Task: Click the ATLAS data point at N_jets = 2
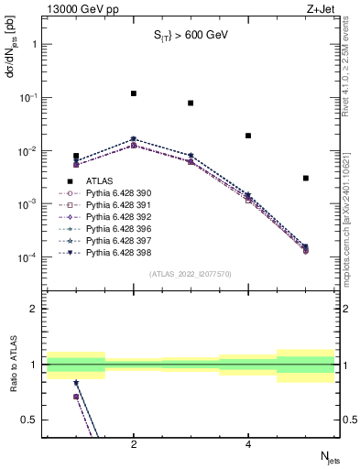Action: (x=134, y=93)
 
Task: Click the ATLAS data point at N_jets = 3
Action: (x=191, y=103)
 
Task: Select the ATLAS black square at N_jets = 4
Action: (x=248, y=136)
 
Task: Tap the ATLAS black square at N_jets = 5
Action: (x=306, y=178)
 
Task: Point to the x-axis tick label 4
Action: (x=248, y=443)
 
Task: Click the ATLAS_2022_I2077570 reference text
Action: (x=190, y=274)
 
